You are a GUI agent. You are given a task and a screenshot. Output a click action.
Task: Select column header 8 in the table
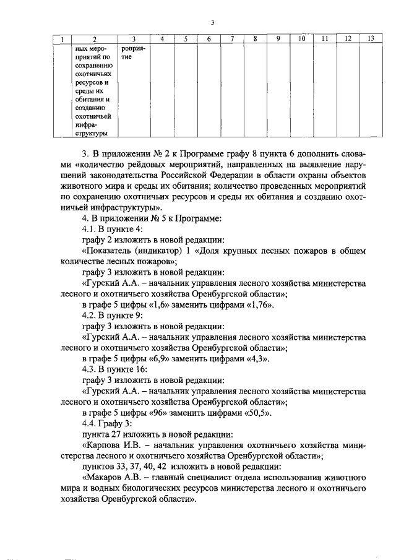(255, 39)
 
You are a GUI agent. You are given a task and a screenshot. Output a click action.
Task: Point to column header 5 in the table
(185, 39)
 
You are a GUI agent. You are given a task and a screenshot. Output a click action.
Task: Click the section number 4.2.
(90, 316)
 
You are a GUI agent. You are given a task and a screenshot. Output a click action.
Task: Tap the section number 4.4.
(90, 423)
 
